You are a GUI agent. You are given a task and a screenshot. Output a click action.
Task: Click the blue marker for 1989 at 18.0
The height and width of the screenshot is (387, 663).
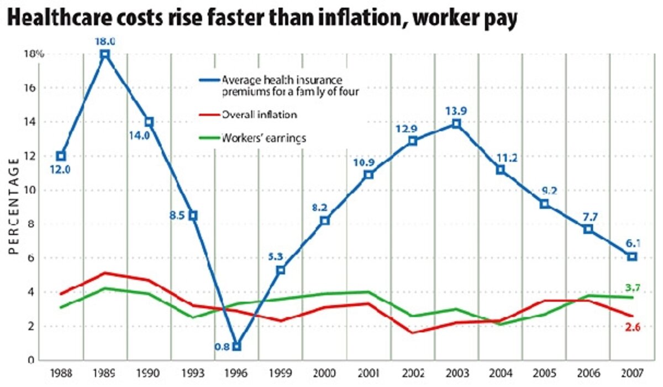coord(105,54)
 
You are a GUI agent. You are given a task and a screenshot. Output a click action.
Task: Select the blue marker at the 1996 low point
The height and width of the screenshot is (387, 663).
coord(236,347)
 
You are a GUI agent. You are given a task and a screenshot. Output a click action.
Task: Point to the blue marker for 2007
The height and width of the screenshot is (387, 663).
coord(632,257)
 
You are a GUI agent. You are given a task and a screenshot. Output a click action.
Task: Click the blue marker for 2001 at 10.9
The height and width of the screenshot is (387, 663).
coord(369,175)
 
